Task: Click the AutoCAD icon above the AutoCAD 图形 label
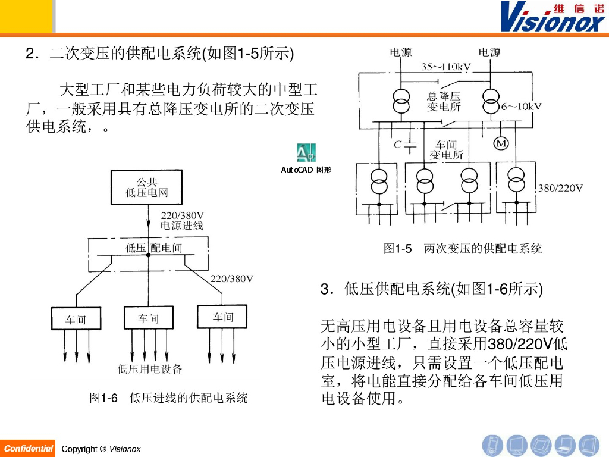(306, 153)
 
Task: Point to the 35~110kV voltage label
(446, 67)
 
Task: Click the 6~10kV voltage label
(521, 107)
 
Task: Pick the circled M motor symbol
(501, 143)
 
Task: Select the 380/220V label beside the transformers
(560, 188)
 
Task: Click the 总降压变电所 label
(444, 101)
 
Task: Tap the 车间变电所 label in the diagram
(447, 150)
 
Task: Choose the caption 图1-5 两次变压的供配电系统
(463, 249)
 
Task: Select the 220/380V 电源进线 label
(182, 220)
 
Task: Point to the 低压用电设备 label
(150, 369)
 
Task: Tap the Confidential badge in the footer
(28, 449)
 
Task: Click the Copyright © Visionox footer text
(101, 449)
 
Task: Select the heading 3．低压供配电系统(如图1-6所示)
(431, 290)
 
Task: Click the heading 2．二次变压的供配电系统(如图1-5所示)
(160, 54)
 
